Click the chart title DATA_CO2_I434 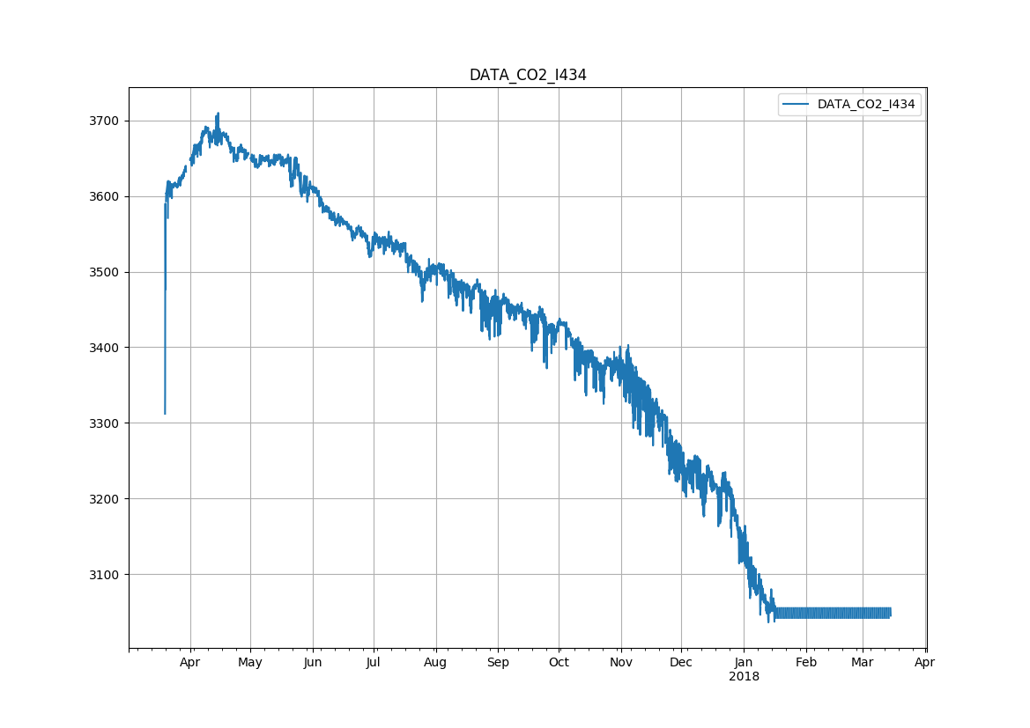coord(528,76)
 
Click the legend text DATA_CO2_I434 coord(866,105)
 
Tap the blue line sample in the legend coord(797,105)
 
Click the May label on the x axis coord(250,663)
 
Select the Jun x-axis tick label coord(313,663)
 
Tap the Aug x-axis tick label coord(435,663)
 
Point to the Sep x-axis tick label coord(498,663)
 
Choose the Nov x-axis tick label coord(621,663)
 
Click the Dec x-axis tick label coord(681,663)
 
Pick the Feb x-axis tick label coord(806,663)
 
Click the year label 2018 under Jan coord(744,677)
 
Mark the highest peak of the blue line coord(218,114)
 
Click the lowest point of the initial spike coord(165,414)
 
